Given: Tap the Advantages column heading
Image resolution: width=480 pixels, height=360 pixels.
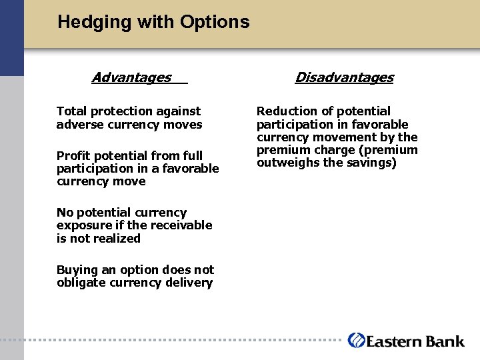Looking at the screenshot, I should (131, 78).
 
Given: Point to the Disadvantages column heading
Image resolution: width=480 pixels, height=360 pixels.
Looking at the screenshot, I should (344, 78).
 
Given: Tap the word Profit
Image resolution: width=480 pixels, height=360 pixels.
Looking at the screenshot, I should (73, 156).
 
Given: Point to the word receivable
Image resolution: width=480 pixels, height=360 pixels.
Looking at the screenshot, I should (179, 225).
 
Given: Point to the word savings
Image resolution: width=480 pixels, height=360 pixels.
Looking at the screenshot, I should (373, 163).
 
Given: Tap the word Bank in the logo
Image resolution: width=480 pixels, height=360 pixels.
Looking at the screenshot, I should (443, 341).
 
